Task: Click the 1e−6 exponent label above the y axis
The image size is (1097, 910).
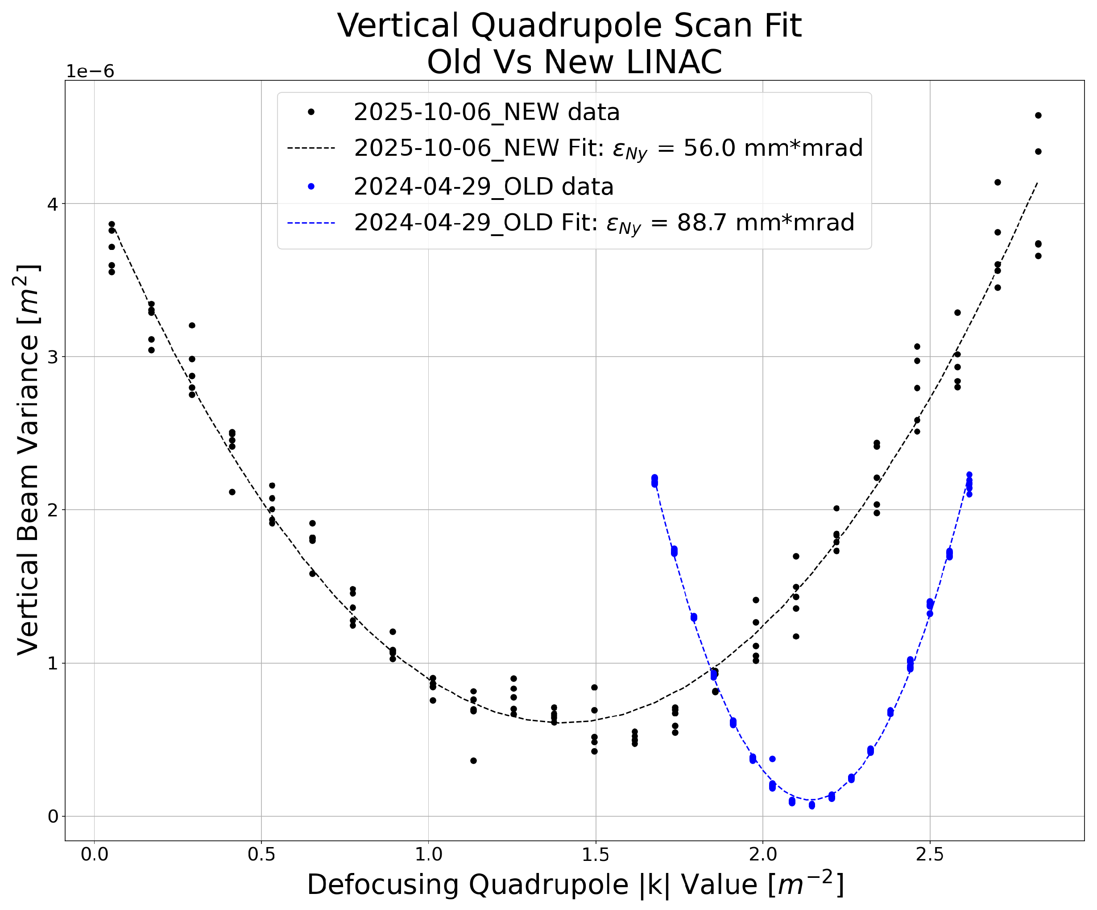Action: click(x=89, y=71)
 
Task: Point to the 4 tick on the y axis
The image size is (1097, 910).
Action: click(x=52, y=204)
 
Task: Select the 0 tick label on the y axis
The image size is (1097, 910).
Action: click(x=52, y=816)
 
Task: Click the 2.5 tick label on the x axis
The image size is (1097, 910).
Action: click(x=929, y=855)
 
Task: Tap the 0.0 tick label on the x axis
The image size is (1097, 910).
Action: click(x=94, y=855)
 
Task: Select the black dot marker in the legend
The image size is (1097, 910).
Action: click(x=311, y=112)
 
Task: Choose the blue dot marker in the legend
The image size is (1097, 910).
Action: click(x=311, y=187)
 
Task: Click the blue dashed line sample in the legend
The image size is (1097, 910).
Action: click(x=311, y=223)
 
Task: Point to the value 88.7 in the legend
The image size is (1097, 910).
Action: click(x=703, y=223)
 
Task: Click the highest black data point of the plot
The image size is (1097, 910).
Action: click(x=1038, y=116)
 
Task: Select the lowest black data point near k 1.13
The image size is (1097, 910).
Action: click(x=473, y=760)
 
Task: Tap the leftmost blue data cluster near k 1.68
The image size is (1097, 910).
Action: click(x=654, y=481)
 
